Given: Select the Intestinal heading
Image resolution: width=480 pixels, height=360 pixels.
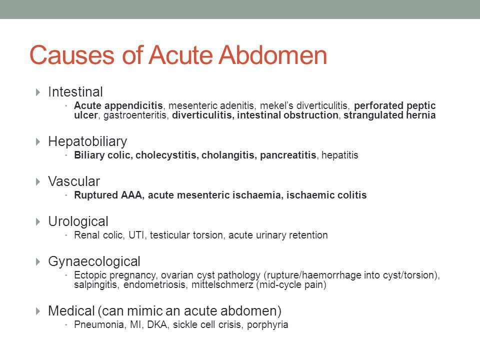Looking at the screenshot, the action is point(75,92).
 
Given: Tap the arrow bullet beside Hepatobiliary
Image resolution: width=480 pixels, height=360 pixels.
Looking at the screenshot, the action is point(38,141).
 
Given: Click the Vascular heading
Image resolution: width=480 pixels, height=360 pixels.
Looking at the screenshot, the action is point(74,181).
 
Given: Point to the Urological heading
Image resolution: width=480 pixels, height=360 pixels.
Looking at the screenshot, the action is point(78,221).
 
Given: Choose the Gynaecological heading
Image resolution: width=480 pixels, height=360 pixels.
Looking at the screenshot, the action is point(94,261).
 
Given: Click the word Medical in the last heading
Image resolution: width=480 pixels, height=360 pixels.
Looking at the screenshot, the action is point(71,310).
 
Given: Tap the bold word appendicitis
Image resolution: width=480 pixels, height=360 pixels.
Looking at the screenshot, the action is point(133,106).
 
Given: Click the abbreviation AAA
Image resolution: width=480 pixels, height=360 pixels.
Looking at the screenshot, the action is point(131,195).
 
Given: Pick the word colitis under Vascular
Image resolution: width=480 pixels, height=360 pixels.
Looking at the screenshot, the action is point(351,195).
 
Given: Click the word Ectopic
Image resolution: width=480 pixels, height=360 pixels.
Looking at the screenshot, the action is point(90,275).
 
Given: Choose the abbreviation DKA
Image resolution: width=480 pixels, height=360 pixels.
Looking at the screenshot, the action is point(157,324).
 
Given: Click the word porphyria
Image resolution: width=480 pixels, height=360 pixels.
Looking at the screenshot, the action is point(267,325).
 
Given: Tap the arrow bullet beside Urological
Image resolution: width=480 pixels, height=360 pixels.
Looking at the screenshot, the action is point(38,221).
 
